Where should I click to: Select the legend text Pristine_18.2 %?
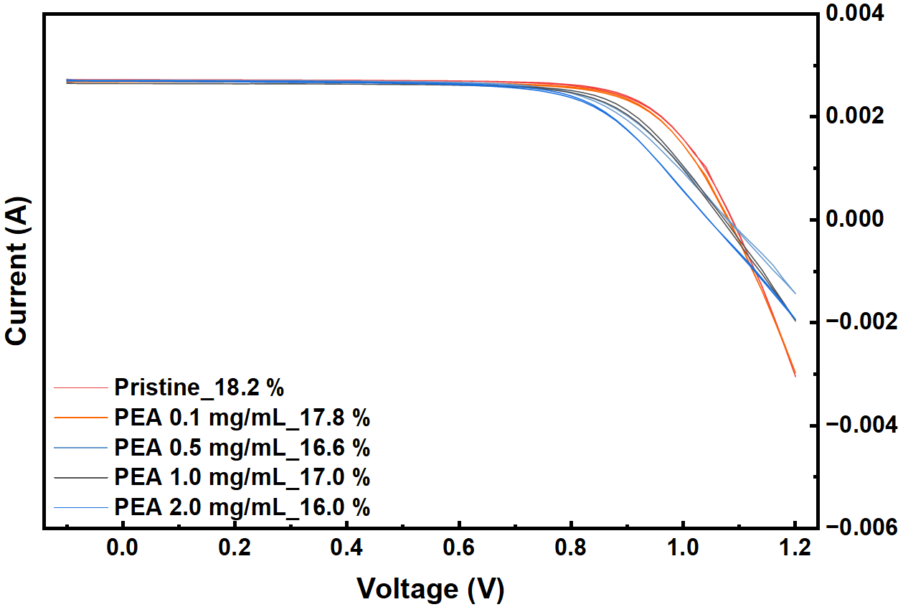tap(199, 388)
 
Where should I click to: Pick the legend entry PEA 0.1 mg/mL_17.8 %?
tap(242, 418)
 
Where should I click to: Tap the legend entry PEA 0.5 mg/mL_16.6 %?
tap(242, 448)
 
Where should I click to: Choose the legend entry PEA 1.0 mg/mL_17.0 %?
tap(242, 478)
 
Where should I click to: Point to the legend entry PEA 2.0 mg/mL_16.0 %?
tap(242, 508)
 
